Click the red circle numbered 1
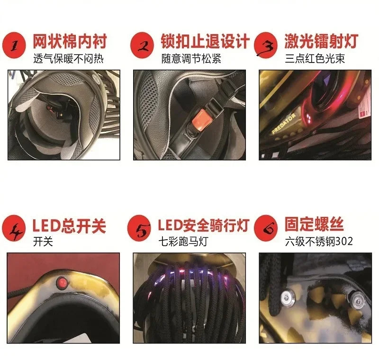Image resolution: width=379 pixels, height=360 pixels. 14,45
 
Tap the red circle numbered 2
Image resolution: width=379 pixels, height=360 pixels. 142,45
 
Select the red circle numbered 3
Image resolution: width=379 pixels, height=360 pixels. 266,45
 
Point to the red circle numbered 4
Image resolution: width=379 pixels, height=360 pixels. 14,228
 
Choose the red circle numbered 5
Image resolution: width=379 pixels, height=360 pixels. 139,228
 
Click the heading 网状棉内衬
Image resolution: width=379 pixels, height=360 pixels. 70,42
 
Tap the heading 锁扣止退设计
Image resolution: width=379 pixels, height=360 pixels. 205,42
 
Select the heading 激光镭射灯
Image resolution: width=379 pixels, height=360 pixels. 322,42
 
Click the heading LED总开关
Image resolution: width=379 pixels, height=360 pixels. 69,225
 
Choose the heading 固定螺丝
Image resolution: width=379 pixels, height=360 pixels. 314,225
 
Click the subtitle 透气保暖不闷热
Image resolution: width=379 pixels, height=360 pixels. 68,59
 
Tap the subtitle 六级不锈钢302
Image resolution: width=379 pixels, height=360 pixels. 319,242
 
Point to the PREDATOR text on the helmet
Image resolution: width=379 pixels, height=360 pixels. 283,123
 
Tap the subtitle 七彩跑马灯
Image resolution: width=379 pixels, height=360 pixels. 183,242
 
